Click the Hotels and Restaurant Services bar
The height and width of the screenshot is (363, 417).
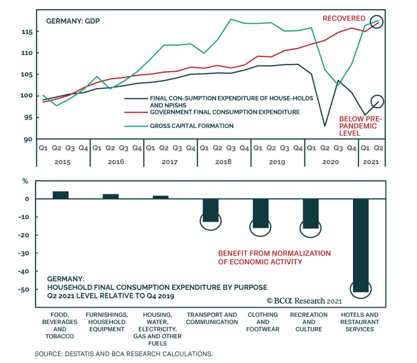[361, 245]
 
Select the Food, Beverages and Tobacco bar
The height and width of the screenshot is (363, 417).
[60, 195]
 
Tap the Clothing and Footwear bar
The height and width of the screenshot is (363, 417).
[261, 213]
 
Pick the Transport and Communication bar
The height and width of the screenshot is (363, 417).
[211, 210]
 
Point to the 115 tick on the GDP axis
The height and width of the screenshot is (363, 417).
[27, 32]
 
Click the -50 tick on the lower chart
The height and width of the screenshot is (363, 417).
[23, 290]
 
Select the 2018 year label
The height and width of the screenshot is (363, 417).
[223, 162]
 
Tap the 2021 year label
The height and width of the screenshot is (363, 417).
[371, 162]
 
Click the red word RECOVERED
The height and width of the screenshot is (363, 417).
[344, 19]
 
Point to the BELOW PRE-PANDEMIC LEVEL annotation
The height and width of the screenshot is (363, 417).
[360, 126]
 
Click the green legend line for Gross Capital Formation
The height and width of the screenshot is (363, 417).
[136, 126]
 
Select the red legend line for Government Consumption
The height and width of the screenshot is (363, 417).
[136, 112]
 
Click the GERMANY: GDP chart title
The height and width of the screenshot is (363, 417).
[73, 21]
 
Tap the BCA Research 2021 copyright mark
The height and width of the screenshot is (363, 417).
[304, 301]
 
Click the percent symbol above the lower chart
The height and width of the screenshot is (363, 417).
[25, 181]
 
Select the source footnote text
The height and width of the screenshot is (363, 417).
[124, 354]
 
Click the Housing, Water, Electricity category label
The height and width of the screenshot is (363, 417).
[157, 329]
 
